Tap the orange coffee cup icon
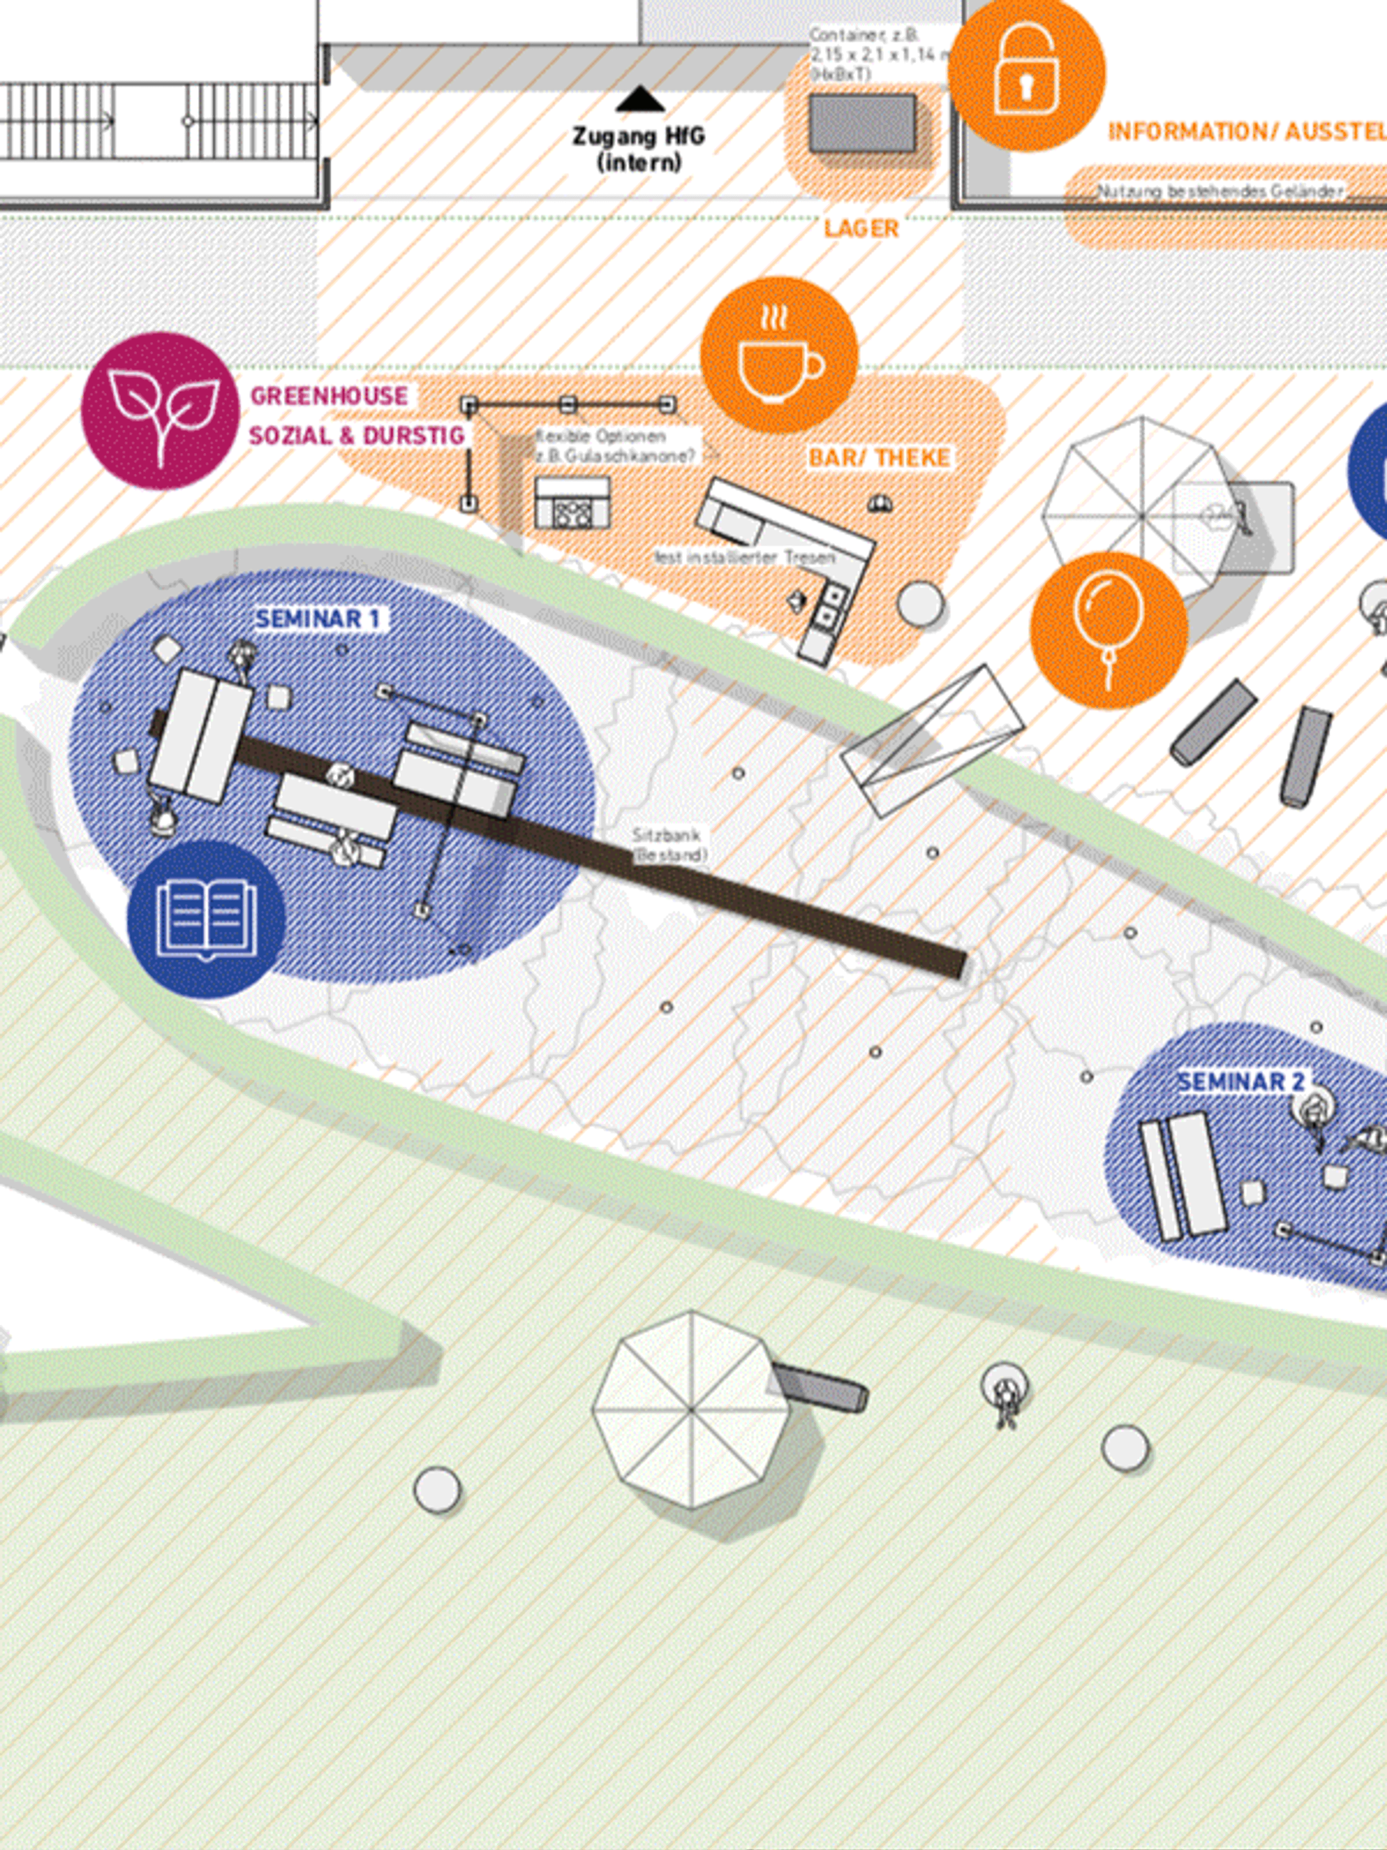(x=778, y=356)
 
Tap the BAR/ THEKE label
(x=879, y=457)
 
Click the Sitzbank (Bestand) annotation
(x=669, y=845)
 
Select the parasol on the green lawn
(x=691, y=1409)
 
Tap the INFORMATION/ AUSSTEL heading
(x=1246, y=131)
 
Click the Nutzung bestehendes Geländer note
(x=1220, y=192)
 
